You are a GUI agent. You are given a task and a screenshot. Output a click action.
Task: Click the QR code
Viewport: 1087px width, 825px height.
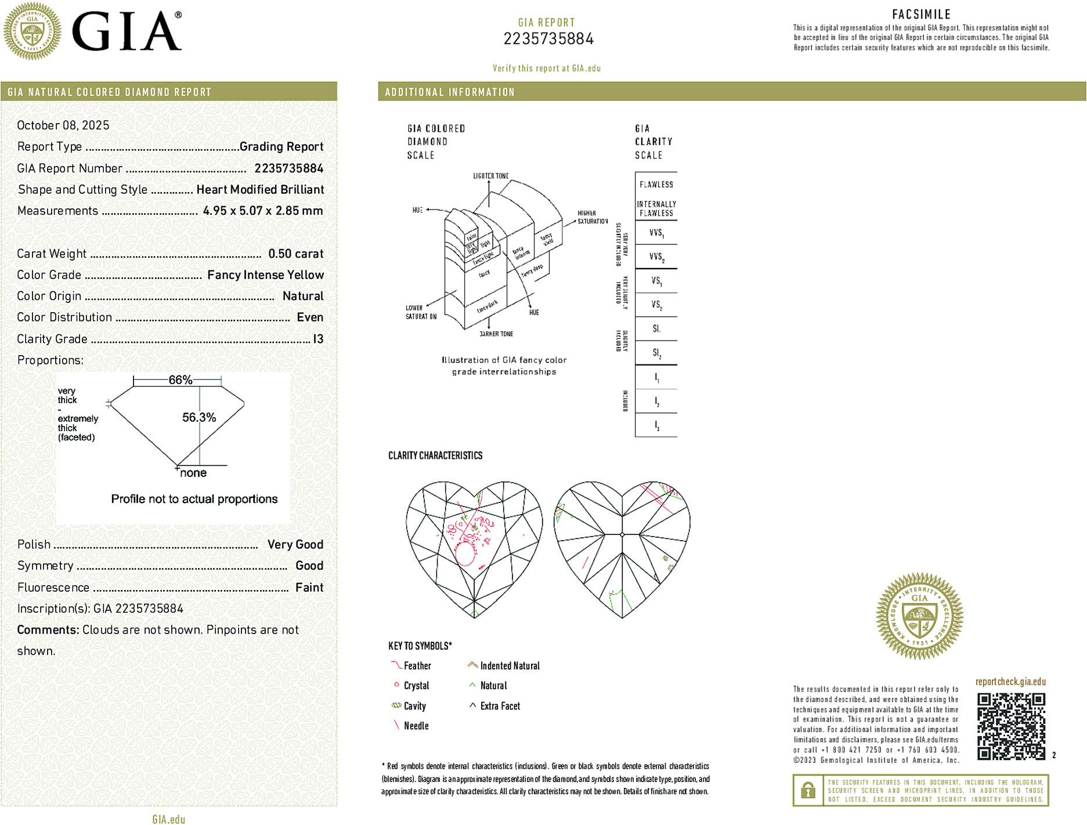tap(1011, 726)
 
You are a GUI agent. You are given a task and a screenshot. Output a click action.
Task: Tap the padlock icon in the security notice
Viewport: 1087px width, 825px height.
tap(808, 790)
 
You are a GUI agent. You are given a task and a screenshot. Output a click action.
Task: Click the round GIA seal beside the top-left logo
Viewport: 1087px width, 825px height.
tap(32, 31)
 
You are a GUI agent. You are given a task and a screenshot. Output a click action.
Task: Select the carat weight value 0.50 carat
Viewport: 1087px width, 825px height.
tap(295, 254)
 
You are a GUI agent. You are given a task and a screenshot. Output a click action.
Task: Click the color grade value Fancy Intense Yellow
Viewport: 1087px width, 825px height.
tap(265, 275)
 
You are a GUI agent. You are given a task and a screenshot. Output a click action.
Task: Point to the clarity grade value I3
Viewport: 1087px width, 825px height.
tap(318, 339)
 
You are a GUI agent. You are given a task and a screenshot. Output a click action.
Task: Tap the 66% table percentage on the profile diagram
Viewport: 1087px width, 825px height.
tap(180, 380)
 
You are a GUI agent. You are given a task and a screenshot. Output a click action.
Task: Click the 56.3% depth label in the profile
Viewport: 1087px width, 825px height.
tap(198, 417)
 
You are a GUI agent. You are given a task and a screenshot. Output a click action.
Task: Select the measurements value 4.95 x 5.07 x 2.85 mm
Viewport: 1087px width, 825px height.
tap(262, 211)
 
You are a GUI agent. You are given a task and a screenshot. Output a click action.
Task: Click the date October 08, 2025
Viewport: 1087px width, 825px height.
tap(63, 125)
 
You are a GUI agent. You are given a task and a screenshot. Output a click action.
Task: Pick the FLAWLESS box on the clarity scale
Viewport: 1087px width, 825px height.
tap(656, 184)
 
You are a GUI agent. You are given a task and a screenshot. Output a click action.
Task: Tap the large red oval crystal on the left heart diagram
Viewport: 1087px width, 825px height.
tap(465, 553)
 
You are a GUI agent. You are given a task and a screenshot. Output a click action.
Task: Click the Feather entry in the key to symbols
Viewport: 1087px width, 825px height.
tap(417, 666)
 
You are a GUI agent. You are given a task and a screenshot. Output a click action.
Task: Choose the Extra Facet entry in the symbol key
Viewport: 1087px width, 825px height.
tap(500, 706)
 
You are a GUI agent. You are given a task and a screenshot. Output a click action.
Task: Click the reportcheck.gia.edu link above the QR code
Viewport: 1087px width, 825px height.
tap(1010, 682)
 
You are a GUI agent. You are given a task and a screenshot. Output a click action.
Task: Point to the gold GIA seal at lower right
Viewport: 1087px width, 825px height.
tap(919, 616)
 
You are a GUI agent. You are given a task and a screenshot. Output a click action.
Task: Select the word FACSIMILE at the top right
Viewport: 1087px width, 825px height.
tap(921, 15)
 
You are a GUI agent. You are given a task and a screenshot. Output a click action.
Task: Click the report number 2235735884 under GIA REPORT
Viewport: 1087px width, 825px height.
tap(548, 39)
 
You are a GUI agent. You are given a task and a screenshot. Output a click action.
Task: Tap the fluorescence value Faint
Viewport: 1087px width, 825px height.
tap(309, 587)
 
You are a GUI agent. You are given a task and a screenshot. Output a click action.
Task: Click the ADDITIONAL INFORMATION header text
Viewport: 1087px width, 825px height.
tap(450, 92)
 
